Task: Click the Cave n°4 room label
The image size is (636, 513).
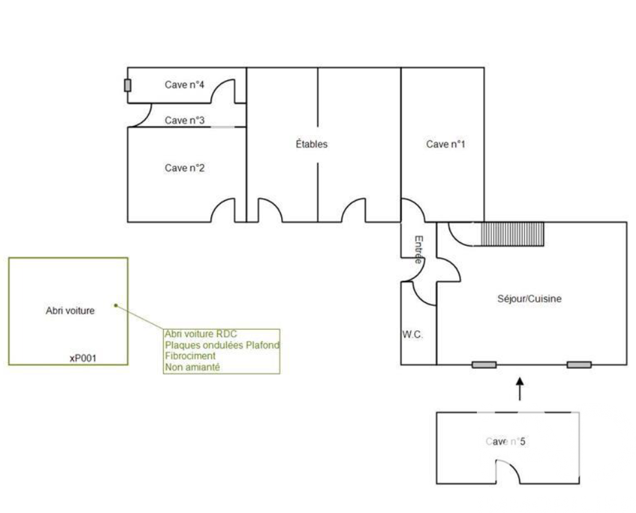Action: [x=184, y=85]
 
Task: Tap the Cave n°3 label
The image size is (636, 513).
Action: [x=185, y=121]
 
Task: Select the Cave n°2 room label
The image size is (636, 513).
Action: [x=185, y=168]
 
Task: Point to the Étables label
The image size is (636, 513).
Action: [x=312, y=144]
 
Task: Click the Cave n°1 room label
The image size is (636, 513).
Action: [x=446, y=144]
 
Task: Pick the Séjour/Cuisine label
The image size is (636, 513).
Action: [x=529, y=299]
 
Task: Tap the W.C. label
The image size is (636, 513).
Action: [x=412, y=334]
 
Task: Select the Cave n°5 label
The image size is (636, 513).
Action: [x=506, y=441]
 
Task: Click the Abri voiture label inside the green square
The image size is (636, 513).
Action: [x=70, y=311]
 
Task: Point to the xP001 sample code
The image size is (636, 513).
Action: [x=83, y=359]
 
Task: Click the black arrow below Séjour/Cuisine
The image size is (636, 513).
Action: [x=520, y=389]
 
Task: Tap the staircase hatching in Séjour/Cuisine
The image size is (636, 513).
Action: [x=512, y=234]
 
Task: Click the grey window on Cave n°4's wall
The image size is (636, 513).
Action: [x=127, y=85]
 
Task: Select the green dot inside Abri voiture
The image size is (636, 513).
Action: [x=115, y=306]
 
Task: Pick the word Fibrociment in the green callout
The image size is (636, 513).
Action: [x=190, y=356]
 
